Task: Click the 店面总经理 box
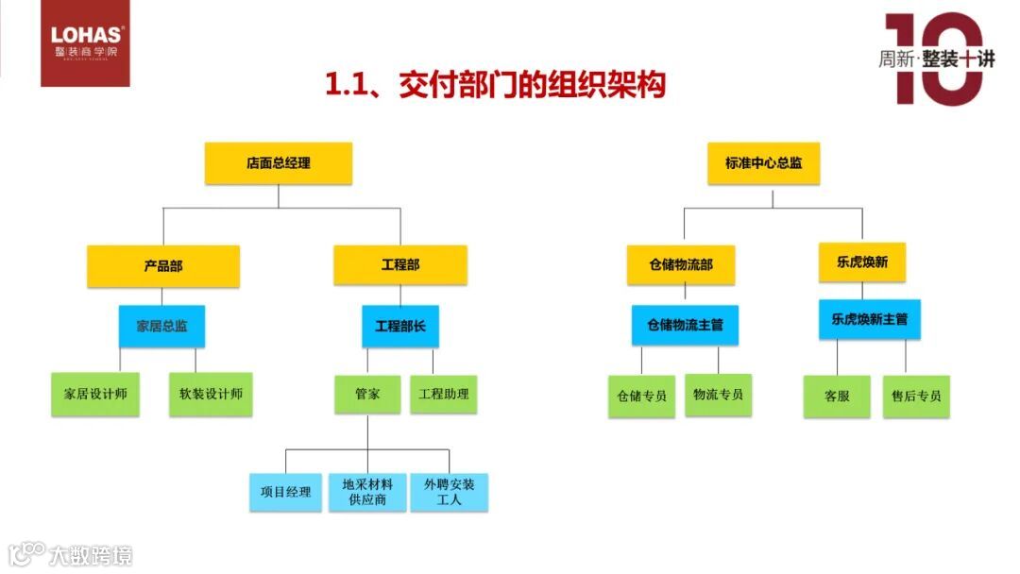[x=279, y=162]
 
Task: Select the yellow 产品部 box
[x=163, y=266]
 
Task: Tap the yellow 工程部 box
[x=400, y=265]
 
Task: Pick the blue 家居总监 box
[x=161, y=326]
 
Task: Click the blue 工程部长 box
[x=400, y=326]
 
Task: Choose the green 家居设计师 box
[x=95, y=394]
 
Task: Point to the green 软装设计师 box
[x=211, y=394]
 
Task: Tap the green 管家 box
[x=367, y=394]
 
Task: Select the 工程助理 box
[x=444, y=394]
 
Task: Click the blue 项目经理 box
[x=286, y=492]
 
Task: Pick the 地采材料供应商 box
[x=367, y=492]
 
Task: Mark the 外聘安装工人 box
[x=450, y=492]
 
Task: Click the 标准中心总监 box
[x=764, y=162]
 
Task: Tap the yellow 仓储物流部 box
[x=681, y=265]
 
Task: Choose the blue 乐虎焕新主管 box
[x=870, y=320]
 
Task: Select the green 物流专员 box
[x=718, y=395]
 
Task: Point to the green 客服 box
[x=837, y=397]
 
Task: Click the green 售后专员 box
[x=916, y=397]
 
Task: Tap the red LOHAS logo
[x=85, y=43]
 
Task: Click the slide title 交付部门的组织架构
[x=495, y=85]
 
